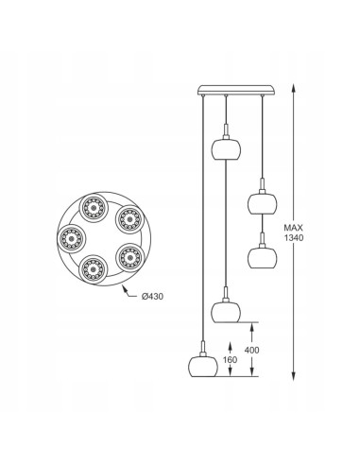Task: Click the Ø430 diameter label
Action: pyautogui.click(x=152, y=296)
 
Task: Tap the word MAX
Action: pyautogui.click(x=293, y=228)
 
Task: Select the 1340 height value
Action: pyautogui.click(x=294, y=238)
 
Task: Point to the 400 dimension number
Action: pyautogui.click(x=252, y=350)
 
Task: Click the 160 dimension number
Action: pyautogui.click(x=230, y=359)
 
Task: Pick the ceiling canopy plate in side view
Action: pyautogui.click(x=236, y=90)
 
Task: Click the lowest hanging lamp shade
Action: pyautogui.click(x=203, y=367)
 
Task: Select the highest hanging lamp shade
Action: pyautogui.click(x=226, y=149)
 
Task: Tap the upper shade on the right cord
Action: pyautogui.click(x=262, y=203)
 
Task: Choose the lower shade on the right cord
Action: pyautogui.click(x=262, y=258)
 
